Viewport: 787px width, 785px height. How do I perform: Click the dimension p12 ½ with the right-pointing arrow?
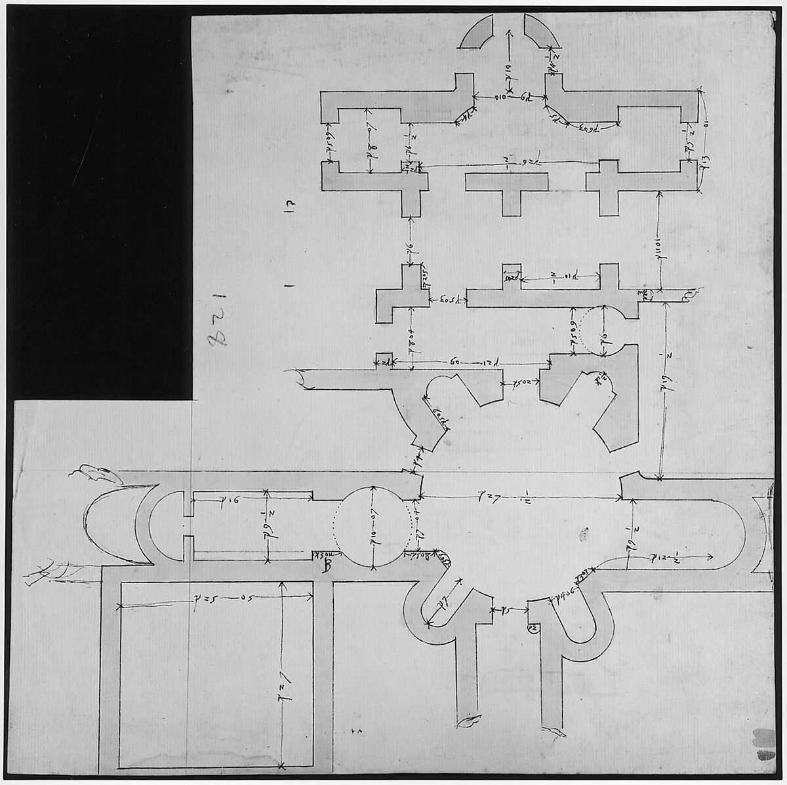pyautogui.click(x=669, y=558)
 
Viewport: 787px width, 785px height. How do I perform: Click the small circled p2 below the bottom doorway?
pyautogui.click(x=533, y=628)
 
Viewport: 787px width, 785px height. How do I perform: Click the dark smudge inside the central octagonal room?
pyautogui.click(x=582, y=536)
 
